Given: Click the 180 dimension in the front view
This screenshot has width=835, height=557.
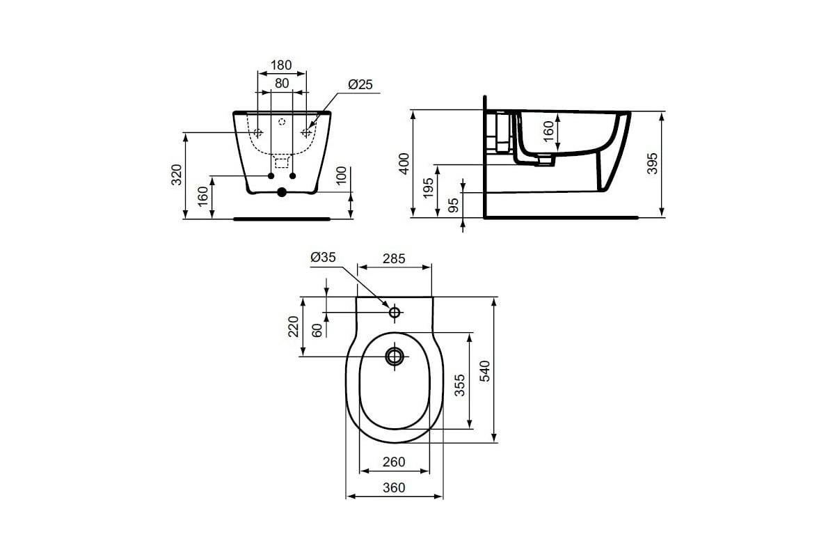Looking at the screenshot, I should point(281,65).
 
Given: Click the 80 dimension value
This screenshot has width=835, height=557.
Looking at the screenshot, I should point(281,84).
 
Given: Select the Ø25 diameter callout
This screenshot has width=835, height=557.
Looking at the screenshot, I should point(360,84).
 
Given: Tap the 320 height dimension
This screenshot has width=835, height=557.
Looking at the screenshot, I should point(177,175).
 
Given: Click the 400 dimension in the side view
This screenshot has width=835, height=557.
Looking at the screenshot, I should point(404,165).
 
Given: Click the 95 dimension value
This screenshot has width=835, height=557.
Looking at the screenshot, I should point(453,205).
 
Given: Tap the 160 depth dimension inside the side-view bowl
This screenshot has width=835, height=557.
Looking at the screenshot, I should point(548,131).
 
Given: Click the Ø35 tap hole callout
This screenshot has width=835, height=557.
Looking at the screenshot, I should point(324,258).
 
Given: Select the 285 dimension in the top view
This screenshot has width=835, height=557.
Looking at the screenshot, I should point(394,259).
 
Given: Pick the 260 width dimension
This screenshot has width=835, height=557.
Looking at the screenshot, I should point(394,462).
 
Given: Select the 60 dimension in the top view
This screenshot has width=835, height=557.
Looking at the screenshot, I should point(317,329).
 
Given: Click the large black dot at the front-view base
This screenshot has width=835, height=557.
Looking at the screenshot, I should point(282,192).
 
